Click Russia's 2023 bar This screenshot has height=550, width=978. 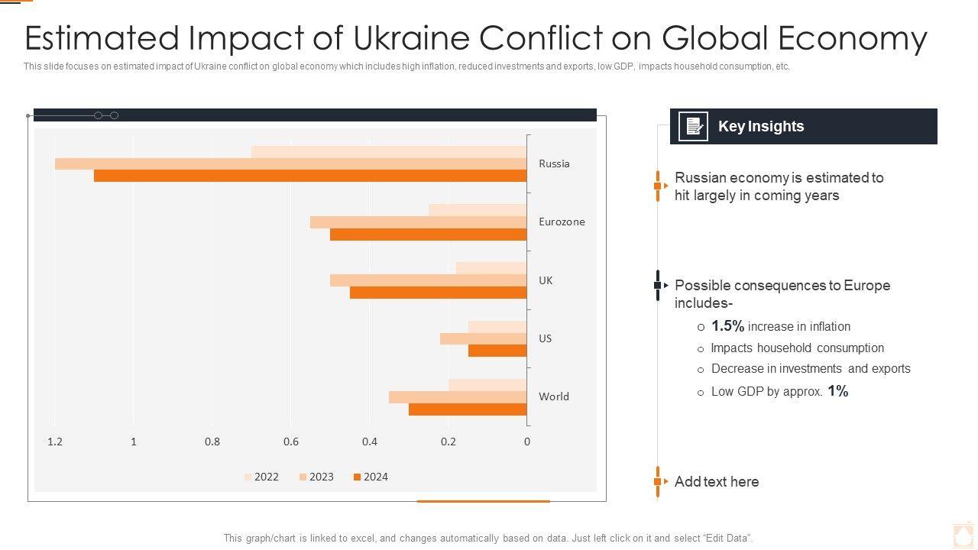click(290, 163)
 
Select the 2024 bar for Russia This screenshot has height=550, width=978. click(310, 176)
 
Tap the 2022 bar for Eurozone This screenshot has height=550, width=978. click(478, 210)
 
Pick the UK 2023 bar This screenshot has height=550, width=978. click(428, 280)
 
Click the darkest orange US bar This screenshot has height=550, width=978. click(497, 351)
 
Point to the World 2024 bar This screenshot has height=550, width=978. click(468, 409)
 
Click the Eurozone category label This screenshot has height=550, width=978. click(562, 222)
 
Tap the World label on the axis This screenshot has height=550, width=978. click(554, 396)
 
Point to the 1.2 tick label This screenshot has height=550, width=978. click(55, 442)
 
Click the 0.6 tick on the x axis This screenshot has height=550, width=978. click(291, 442)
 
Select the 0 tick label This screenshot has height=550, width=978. click(527, 442)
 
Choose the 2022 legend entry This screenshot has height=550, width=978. click(261, 477)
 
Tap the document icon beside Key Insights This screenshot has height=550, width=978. click(694, 126)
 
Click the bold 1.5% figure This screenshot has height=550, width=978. click(727, 326)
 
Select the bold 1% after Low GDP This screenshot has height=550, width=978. click(838, 391)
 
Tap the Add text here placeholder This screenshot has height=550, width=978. click(717, 482)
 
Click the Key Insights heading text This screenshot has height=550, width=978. click(761, 127)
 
